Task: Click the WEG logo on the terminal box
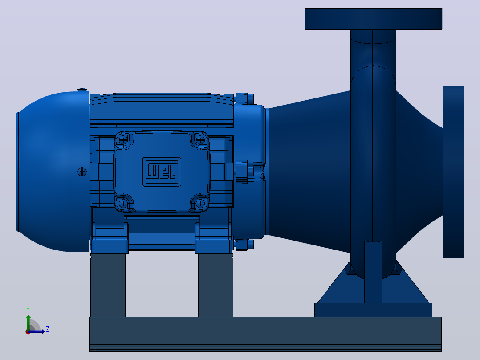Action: [162, 172]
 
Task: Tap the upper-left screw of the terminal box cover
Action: [123, 140]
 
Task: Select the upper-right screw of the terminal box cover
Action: [200, 140]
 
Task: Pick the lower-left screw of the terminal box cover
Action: [123, 203]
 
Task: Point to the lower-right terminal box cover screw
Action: [200, 203]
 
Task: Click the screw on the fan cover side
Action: [82, 172]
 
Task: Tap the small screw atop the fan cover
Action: [82, 90]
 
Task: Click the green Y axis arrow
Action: [28, 323]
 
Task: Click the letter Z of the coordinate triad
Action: [48, 329]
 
